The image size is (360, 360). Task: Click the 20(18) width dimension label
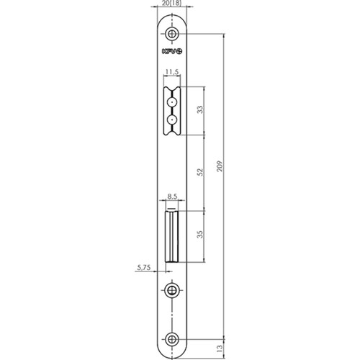pyautogui.click(x=172, y=3)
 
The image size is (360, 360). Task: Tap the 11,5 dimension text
pyautogui.click(x=172, y=72)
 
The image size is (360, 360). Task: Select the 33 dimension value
pyautogui.click(x=200, y=109)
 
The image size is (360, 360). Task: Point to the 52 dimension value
pyautogui.click(x=200, y=172)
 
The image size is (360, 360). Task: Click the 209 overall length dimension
pyautogui.click(x=220, y=166)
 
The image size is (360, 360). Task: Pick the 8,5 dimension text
pyautogui.click(x=172, y=197)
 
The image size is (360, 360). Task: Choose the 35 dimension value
pyautogui.click(x=200, y=234)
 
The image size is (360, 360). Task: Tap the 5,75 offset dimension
pyautogui.click(x=144, y=267)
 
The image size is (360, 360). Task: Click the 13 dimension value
pyautogui.click(x=220, y=348)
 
